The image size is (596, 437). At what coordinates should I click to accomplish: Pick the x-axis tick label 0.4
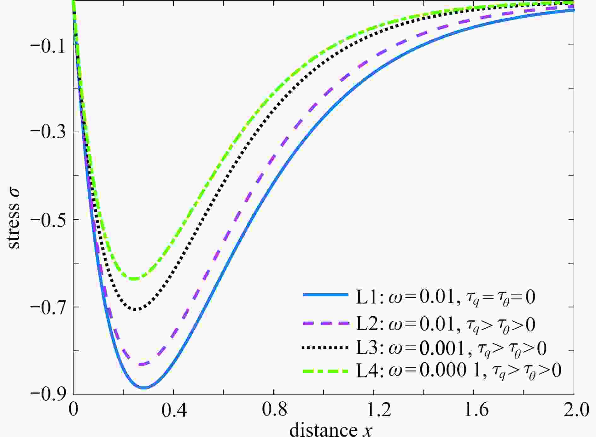pyautogui.click(x=173, y=411)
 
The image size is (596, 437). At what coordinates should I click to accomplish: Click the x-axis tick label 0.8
pyautogui.click(x=273, y=411)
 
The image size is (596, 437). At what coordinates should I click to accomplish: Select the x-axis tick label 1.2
pyautogui.click(x=374, y=411)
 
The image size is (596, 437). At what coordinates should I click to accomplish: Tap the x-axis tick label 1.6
pyautogui.click(x=474, y=411)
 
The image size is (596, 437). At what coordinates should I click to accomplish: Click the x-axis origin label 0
pyautogui.click(x=73, y=411)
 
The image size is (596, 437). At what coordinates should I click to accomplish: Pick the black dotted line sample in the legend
pyautogui.click(x=325, y=348)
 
